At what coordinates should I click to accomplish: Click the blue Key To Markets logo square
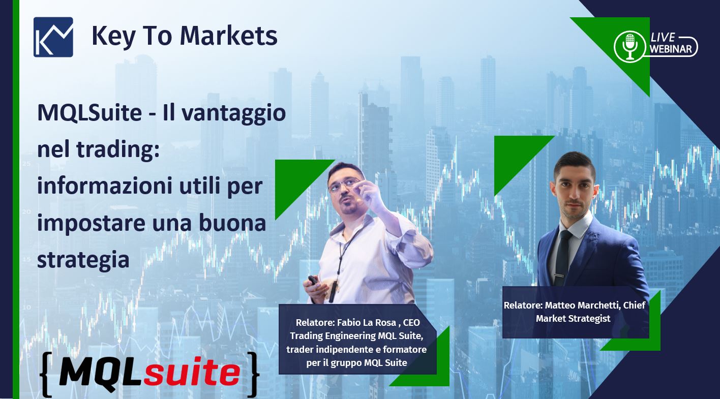click(x=53, y=37)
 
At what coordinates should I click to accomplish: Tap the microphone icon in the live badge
click(x=629, y=46)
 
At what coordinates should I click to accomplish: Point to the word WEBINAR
click(x=671, y=49)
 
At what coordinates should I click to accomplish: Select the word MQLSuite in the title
click(x=89, y=112)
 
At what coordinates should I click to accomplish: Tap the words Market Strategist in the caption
click(x=573, y=319)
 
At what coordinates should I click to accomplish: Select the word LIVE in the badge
click(x=663, y=38)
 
